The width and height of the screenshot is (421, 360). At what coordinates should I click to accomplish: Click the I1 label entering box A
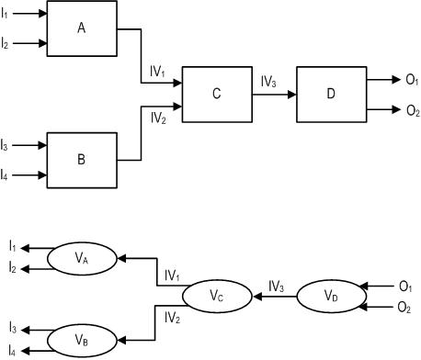click(x=5, y=14)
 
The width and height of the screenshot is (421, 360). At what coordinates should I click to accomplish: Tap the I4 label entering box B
click(x=4, y=175)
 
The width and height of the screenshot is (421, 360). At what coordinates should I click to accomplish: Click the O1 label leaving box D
click(x=412, y=80)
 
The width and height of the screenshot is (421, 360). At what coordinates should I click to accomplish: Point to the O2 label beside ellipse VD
click(x=404, y=308)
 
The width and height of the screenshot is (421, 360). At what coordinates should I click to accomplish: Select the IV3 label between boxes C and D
click(x=268, y=82)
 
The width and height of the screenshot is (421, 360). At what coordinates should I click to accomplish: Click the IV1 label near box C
click(x=157, y=72)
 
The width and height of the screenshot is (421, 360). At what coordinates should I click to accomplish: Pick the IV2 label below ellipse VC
click(x=172, y=318)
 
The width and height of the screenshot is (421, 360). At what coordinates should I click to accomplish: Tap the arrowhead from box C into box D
click(x=292, y=95)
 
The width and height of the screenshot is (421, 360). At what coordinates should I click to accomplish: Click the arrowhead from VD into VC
click(x=257, y=297)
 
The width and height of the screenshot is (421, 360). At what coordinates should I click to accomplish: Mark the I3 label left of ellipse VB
click(x=13, y=329)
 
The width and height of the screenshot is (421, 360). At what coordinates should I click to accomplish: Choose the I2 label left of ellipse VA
click(x=12, y=267)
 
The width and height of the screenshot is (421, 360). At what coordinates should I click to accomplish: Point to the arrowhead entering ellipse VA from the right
click(x=122, y=258)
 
